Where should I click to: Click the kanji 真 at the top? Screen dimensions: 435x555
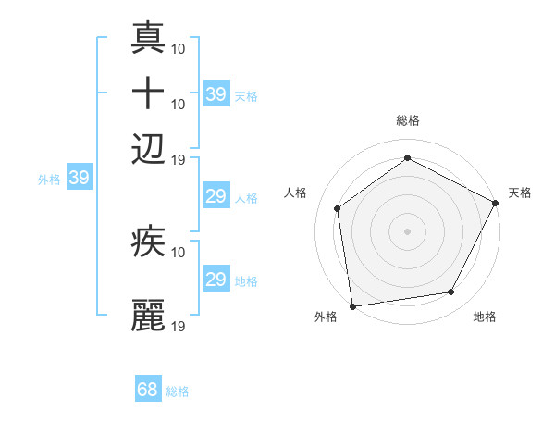point(149,39)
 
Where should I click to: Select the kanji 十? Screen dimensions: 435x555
point(149,94)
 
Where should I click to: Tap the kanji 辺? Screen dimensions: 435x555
point(149,149)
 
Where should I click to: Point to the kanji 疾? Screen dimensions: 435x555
point(149,243)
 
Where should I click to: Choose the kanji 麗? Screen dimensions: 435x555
point(149,316)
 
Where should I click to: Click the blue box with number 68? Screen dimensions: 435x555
point(148,390)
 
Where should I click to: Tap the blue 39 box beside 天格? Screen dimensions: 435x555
point(216,94)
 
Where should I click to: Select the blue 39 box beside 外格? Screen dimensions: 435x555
point(79,178)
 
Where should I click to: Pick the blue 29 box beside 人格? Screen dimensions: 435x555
point(216,196)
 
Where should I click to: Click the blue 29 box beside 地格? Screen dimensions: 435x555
point(216,280)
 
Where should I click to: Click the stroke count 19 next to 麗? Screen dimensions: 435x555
point(179,326)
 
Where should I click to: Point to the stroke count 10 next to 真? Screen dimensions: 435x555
point(179,46)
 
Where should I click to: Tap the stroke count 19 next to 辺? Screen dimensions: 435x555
point(179,159)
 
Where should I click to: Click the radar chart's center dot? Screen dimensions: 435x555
point(407,231)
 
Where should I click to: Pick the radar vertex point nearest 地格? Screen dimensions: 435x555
point(451,292)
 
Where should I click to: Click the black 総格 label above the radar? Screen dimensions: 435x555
point(407,119)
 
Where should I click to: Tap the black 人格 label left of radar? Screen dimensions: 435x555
point(295,193)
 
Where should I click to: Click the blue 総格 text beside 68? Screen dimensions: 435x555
point(178,391)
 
